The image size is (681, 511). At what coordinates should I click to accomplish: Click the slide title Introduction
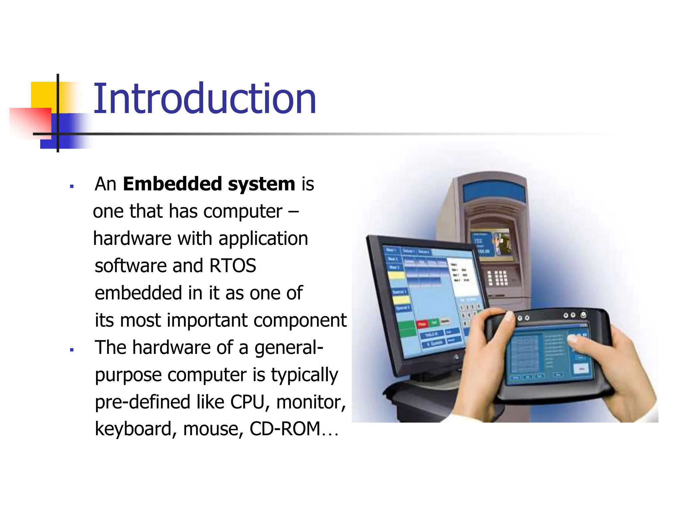(x=204, y=99)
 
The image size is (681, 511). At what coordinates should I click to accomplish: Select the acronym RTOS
(x=232, y=266)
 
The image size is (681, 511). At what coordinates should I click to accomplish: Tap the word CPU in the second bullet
(x=247, y=402)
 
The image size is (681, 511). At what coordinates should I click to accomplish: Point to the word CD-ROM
(x=285, y=429)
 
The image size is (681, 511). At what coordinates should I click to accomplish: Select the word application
(x=263, y=239)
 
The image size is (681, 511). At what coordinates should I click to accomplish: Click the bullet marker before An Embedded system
(x=72, y=186)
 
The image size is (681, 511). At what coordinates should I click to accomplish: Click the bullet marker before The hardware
(x=72, y=350)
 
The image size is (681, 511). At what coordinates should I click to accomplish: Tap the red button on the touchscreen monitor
(x=422, y=324)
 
